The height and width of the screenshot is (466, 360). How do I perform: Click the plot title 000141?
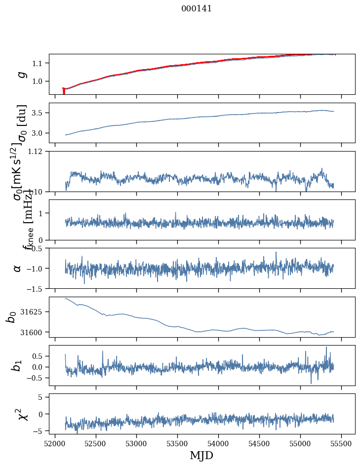(197, 9)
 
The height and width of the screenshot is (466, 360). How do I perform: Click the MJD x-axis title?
(201, 455)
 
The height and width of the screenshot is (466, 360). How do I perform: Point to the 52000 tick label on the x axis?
(55, 444)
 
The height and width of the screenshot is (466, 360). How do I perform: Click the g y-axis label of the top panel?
(21, 74)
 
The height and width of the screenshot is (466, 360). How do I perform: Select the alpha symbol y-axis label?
(18, 268)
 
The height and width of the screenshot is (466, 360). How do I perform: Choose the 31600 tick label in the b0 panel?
(35, 332)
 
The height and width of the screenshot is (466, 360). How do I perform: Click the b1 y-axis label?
(18, 365)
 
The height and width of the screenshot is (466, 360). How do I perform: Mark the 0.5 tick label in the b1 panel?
(40, 356)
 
